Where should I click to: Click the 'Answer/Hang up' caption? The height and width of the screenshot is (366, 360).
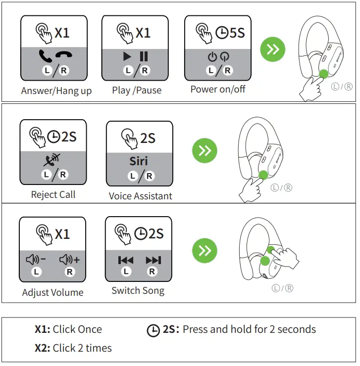point(56,91)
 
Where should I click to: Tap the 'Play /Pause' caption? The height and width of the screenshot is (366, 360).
point(137,90)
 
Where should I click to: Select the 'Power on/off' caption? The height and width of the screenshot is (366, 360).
point(218,90)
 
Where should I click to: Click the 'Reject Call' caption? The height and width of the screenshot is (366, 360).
point(53,194)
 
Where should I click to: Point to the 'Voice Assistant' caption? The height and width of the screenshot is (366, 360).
point(140,196)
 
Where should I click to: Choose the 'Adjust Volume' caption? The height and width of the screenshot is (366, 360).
point(52,292)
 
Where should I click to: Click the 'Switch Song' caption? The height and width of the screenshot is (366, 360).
point(138,290)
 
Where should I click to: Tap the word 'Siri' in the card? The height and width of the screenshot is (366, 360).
point(139,161)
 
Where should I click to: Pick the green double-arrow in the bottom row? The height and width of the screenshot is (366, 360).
point(205,251)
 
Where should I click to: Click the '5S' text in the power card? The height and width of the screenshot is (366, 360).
point(237,33)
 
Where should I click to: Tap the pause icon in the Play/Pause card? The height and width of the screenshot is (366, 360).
point(144,56)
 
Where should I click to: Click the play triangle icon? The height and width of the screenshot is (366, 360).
point(128,56)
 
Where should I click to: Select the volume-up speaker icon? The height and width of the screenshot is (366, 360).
point(69,259)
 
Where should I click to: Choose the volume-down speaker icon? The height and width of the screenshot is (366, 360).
point(36,259)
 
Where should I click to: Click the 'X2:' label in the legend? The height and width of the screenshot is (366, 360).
point(42,348)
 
